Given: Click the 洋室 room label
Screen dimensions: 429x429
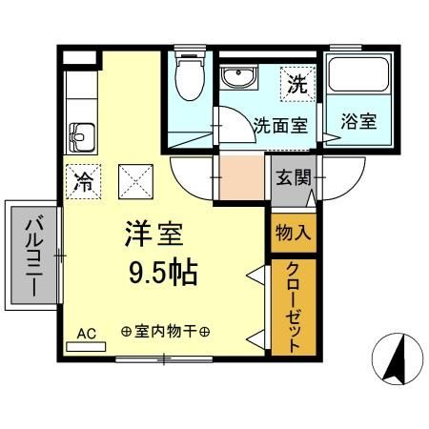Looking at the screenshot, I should tap(152, 234).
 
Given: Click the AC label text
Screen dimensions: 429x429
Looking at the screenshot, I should tap(87, 333).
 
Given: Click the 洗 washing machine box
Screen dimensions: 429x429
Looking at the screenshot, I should tap(297, 84).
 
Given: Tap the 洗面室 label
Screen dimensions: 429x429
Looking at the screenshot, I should tap(279, 125).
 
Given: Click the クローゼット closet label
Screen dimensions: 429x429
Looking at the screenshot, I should tap(293, 305).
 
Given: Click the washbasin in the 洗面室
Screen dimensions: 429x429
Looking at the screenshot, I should tap(235, 79).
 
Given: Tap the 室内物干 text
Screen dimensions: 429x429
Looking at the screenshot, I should tap(166, 332).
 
